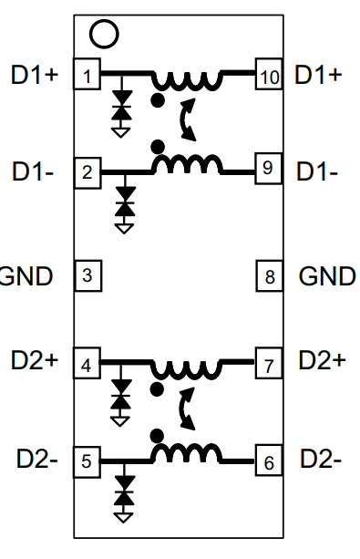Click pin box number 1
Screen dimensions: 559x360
86,75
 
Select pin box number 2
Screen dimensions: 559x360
86,171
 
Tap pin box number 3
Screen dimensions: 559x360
86,274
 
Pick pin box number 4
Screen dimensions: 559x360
86,365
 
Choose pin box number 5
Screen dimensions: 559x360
86,461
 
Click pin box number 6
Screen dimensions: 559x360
267,461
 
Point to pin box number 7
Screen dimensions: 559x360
267,365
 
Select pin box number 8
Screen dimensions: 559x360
267,274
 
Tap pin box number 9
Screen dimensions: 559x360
267,171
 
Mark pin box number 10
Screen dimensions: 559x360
268,76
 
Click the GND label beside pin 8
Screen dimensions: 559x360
327,274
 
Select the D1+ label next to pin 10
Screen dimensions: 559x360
319,75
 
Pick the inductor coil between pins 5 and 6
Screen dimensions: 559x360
187,453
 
